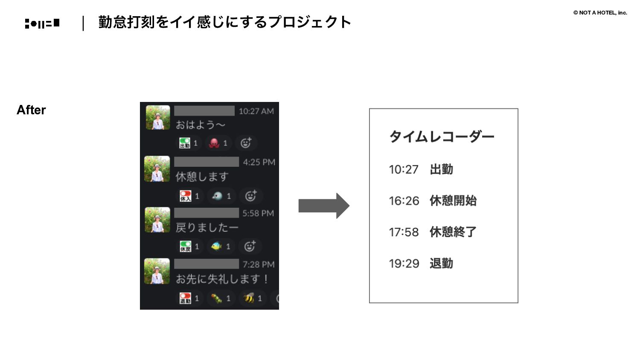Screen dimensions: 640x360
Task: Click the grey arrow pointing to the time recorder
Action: click(324, 206)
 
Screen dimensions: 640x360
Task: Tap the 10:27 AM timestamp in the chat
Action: click(256, 111)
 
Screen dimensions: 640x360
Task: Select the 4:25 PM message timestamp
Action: click(259, 162)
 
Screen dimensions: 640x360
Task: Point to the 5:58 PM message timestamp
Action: click(258, 213)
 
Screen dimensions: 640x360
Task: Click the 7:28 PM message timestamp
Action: click(259, 264)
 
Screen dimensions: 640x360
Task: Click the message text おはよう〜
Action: click(200, 125)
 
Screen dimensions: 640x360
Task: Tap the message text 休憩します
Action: click(202, 177)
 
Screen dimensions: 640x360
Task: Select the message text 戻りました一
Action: click(207, 228)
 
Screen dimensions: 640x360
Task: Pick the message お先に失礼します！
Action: click(222, 279)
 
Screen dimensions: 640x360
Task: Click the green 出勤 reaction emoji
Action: click(185, 143)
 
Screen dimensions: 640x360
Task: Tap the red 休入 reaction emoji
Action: click(185, 196)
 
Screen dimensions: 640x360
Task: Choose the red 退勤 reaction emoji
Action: click(185, 298)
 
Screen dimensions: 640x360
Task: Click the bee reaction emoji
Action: click(249, 298)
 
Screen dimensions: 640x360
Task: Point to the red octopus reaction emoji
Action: click(214, 143)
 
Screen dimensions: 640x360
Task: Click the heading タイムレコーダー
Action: click(442, 136)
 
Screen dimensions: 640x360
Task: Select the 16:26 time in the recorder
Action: click(404, 200)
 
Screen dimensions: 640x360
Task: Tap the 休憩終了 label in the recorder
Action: click(453, 232)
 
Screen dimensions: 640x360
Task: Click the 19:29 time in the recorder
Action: click(404, 264)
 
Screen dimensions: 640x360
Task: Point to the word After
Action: click(31, 110)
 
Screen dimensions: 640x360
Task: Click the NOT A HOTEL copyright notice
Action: click(600, 13)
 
